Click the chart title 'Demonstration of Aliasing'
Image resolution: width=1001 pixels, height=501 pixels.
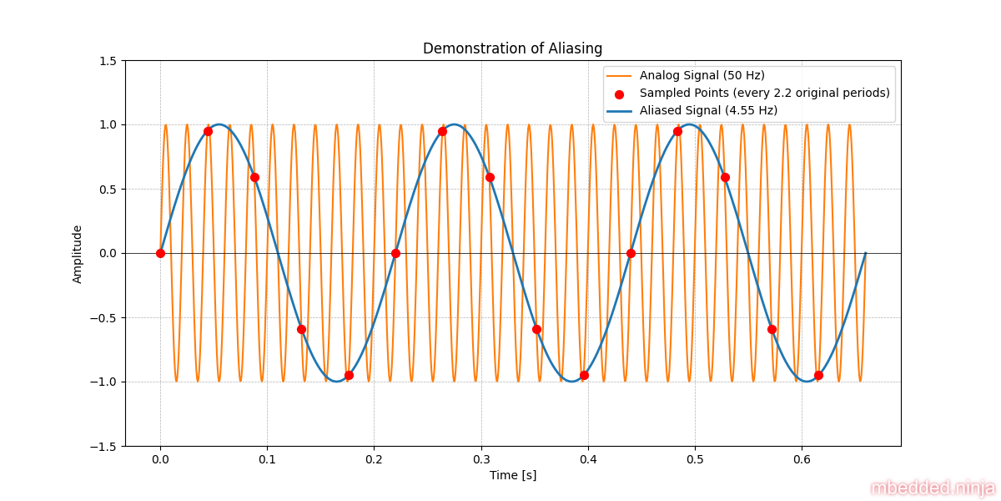point(512,48)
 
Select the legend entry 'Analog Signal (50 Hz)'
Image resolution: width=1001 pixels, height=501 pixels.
point(702,75)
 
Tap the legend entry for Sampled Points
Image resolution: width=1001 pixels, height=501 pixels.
point(764,93)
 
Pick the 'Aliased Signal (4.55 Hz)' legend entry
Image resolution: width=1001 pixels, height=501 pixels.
point(708,110)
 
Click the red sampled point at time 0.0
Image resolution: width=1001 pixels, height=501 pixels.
point(160,253)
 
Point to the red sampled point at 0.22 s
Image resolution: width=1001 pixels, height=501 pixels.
point(395,253)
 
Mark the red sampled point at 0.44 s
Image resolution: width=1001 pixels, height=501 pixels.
point(631,253)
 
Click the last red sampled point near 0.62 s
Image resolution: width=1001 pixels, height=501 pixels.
point(818,375)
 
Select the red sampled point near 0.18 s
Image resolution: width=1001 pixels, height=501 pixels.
point(349,375)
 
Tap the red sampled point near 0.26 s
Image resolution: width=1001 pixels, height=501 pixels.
point(442,131)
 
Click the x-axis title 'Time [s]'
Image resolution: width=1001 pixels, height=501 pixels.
point(512,475)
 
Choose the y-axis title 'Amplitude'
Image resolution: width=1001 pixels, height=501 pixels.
point(78,254)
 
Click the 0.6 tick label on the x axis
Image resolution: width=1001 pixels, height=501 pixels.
point(802,458)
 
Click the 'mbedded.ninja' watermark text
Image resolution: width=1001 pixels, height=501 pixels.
point(933,488)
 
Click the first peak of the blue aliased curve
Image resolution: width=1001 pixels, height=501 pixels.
point(219,124)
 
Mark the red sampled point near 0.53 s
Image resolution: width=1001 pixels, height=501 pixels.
point(725,177)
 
